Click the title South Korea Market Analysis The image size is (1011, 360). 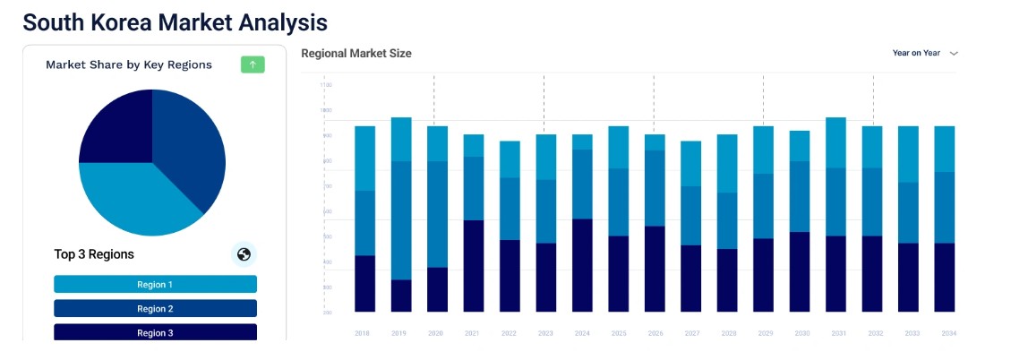[x=175, y=21]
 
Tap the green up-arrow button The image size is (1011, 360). [x=253, y=64]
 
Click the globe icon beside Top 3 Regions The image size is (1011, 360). [x=243, y=254]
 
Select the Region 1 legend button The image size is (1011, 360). [x=155, y=284]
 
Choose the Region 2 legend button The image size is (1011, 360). [x=155, y=308]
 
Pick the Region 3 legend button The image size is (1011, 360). [x=155, y=332]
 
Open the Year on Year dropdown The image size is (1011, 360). [x=925, y=53]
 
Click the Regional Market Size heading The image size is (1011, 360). [x=356, y=54]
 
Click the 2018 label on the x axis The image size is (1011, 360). [x=363, y=333]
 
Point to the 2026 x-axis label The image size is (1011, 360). [x=655, y=333]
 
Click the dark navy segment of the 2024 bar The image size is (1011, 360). [x=582, y=265]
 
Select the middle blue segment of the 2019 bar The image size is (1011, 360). [x=400, y=220]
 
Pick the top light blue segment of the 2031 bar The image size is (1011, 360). [x=835, y=142]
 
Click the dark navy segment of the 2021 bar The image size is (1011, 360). [x=473, y=266]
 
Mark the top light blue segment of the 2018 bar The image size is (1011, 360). [x=364, y=158]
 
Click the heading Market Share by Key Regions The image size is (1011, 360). [x=129, y=64]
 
